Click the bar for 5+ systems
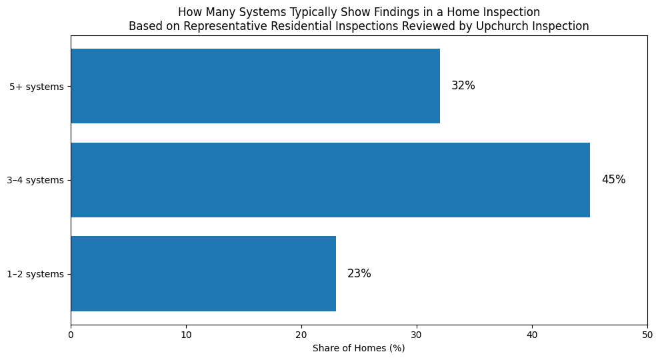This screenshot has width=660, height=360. pyautogui.click(x=255, y=86)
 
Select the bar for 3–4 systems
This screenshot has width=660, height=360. pyautogui.click(x=330, y=180)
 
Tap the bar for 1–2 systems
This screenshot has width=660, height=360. pyautogui.click(x=203, y=273)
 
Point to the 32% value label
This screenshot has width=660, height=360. pyautogui.click(x=463, y=86)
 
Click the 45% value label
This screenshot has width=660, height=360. pyautogui.click(x=613, y=180)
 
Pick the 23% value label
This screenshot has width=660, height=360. pyautogui.click(x=359, y=273)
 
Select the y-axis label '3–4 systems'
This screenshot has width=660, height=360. pyautogui.click(x=35, y=180)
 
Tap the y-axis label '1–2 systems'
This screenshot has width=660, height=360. pyautogui.click(x=35, y=274)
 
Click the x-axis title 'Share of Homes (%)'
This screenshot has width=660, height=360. pyautogui.click(x=359, y=348)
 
